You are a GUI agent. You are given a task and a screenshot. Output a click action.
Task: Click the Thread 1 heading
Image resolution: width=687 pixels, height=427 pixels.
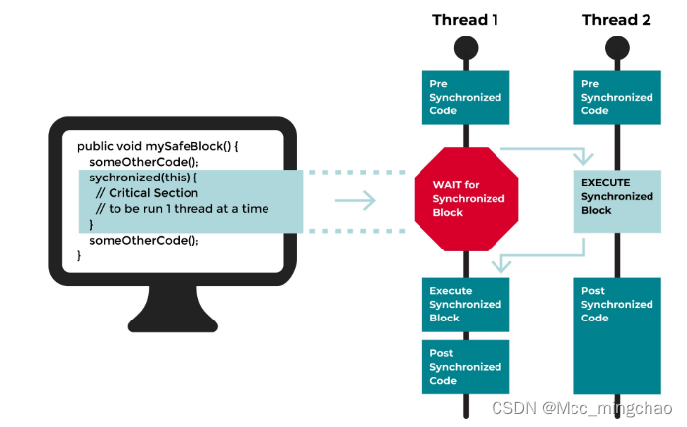point(464,20)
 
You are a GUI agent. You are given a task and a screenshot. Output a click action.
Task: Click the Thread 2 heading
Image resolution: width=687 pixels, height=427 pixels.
point(617,20)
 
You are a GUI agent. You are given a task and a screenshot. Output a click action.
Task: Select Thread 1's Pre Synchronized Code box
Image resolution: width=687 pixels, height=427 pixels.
point(464,97)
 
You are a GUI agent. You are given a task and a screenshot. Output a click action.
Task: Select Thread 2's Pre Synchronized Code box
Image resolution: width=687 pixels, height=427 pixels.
point(617,97)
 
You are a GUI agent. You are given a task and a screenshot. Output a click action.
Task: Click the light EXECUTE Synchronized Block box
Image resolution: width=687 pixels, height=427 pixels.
point(617,196)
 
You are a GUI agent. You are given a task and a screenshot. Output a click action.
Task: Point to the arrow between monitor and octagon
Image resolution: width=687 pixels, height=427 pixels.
point(355,201)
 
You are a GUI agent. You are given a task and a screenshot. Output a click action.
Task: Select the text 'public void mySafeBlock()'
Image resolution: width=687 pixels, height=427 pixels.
point(158,145)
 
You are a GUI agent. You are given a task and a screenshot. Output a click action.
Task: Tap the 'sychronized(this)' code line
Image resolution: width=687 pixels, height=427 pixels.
point(144,177)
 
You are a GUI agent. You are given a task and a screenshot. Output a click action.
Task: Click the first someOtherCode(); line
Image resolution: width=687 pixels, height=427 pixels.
point(144,161)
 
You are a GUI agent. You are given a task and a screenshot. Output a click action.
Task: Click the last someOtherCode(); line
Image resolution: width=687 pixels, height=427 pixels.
point(144,240)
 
